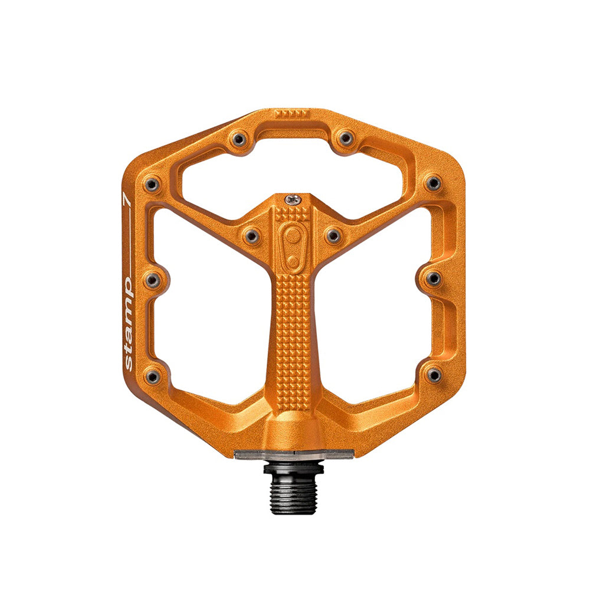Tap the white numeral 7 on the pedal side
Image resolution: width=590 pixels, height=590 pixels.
click(127, 199)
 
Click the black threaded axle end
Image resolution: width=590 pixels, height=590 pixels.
click(293, 489)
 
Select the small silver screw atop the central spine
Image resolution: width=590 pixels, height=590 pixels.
click(293, 200)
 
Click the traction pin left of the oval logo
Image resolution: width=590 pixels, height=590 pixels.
click(251, 237)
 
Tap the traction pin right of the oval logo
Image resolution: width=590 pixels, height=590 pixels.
click(333, 237)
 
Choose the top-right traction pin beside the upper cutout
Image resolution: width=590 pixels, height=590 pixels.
click(346, 138)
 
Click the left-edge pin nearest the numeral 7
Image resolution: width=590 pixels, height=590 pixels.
click(152, 184)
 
